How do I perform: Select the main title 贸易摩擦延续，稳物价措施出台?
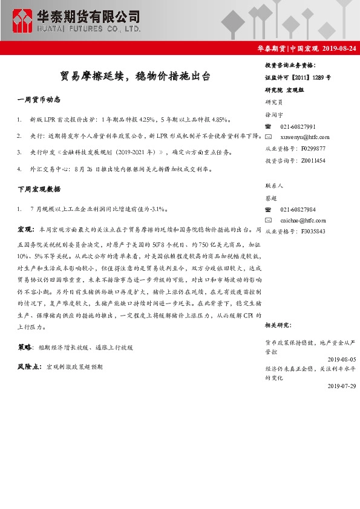pos(136,77)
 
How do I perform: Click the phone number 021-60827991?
pos(298,127)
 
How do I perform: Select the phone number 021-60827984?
pos(298,210)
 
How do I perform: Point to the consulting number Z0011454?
pos(312,160)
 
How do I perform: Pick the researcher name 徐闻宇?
pos(273,115)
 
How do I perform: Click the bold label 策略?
pos(25,348)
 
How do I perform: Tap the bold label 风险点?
pos(29,366)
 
